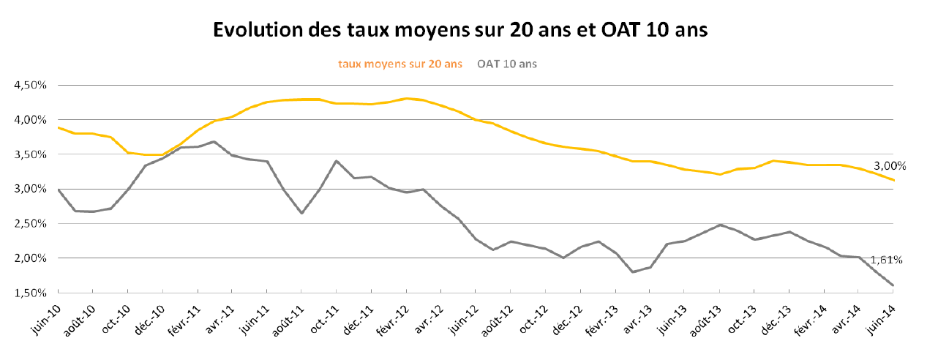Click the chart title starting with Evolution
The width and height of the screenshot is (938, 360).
(460, 30)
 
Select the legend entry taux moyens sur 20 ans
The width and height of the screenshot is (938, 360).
(399, 64)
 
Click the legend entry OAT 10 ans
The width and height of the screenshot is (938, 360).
(507, 64)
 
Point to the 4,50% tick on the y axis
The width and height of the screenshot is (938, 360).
(30, 85)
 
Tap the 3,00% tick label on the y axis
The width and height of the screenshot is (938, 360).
(30, 189)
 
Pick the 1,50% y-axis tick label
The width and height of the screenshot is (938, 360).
(30, 293)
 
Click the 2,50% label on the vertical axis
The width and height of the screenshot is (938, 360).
(30, 223)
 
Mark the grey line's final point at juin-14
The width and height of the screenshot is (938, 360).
(893, 285)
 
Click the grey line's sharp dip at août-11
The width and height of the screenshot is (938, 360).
(302, 213)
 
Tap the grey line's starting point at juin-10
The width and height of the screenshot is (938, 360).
(59, 190)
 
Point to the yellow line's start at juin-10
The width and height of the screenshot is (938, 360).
(59, 127)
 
